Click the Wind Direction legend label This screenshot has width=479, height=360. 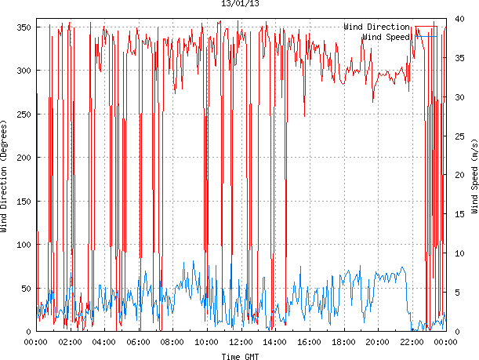click(376, 27)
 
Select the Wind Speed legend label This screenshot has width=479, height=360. click(386, 36)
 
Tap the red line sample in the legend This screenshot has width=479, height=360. click(426, 27)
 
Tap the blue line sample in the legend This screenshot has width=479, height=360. click(426, 36)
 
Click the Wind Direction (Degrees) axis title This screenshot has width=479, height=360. click(5, 179)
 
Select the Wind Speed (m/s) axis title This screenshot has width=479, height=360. click(474, 179)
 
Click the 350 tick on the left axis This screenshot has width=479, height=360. click(23, 27)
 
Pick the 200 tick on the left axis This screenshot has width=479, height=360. click(23, 158)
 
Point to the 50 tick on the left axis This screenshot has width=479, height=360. click(25, 289)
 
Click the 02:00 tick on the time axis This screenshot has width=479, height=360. click(71, 342)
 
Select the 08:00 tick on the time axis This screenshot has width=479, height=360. click(172, 342)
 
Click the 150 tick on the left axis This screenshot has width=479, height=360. click(23, 202)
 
